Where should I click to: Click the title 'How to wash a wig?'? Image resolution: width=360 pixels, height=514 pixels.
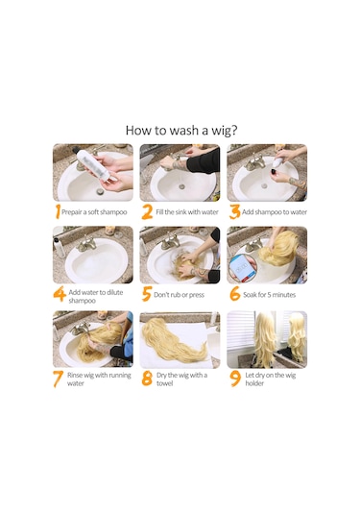[181, 130]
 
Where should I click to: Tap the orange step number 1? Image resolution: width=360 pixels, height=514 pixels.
[58, 211]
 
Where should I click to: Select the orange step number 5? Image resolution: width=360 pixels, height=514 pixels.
[147, 294]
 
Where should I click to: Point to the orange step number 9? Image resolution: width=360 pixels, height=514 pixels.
[235, 379]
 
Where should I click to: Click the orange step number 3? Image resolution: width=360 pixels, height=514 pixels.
[234, 211]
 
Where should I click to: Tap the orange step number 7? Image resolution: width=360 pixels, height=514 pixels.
[58, 379]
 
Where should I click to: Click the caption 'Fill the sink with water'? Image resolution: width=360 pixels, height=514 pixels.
[187, 212]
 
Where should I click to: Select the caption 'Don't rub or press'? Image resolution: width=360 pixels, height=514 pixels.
[179, 295]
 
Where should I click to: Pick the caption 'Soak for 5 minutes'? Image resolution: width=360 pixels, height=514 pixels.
[269, 295]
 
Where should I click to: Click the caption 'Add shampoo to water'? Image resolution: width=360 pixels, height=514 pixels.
[275, 212]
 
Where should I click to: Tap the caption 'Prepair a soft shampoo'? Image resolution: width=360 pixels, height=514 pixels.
[94, 212]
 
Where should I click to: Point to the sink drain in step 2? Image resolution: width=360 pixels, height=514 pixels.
[181, 186]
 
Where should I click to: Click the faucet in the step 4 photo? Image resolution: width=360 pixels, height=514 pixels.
[86, 244]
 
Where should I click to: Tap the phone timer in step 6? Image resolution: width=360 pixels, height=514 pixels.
[243, 268]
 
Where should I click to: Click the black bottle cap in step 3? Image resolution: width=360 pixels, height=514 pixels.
[273, 172]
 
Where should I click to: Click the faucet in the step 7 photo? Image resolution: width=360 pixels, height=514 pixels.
[80, 329]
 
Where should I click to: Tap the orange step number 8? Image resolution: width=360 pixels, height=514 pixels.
[147, 379]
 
